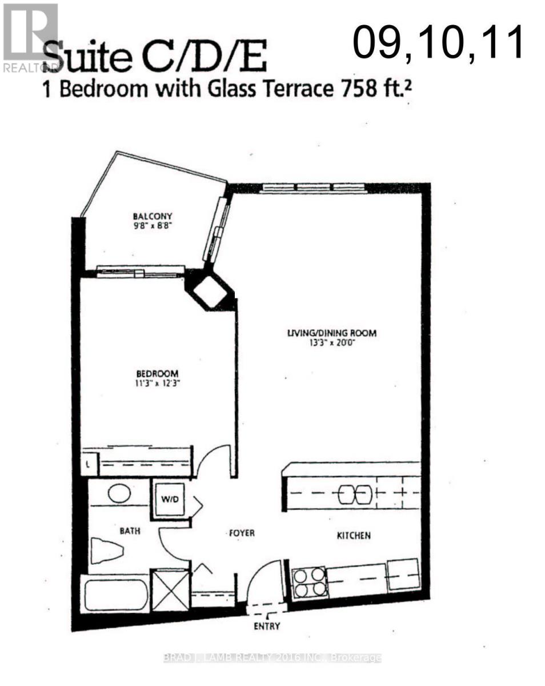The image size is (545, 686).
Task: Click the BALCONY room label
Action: tap(153, 216)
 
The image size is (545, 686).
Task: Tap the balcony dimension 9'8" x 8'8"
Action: tap(153, 225)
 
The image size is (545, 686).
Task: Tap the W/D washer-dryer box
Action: tap(170, 499)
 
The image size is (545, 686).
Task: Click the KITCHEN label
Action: tap(354, 536)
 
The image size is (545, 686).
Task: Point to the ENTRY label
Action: tap(267, 626)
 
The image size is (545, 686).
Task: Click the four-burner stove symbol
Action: tap(309, 582)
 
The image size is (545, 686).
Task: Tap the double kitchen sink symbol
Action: tap(355, 494)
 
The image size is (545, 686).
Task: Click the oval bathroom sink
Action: tap(119, 493)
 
